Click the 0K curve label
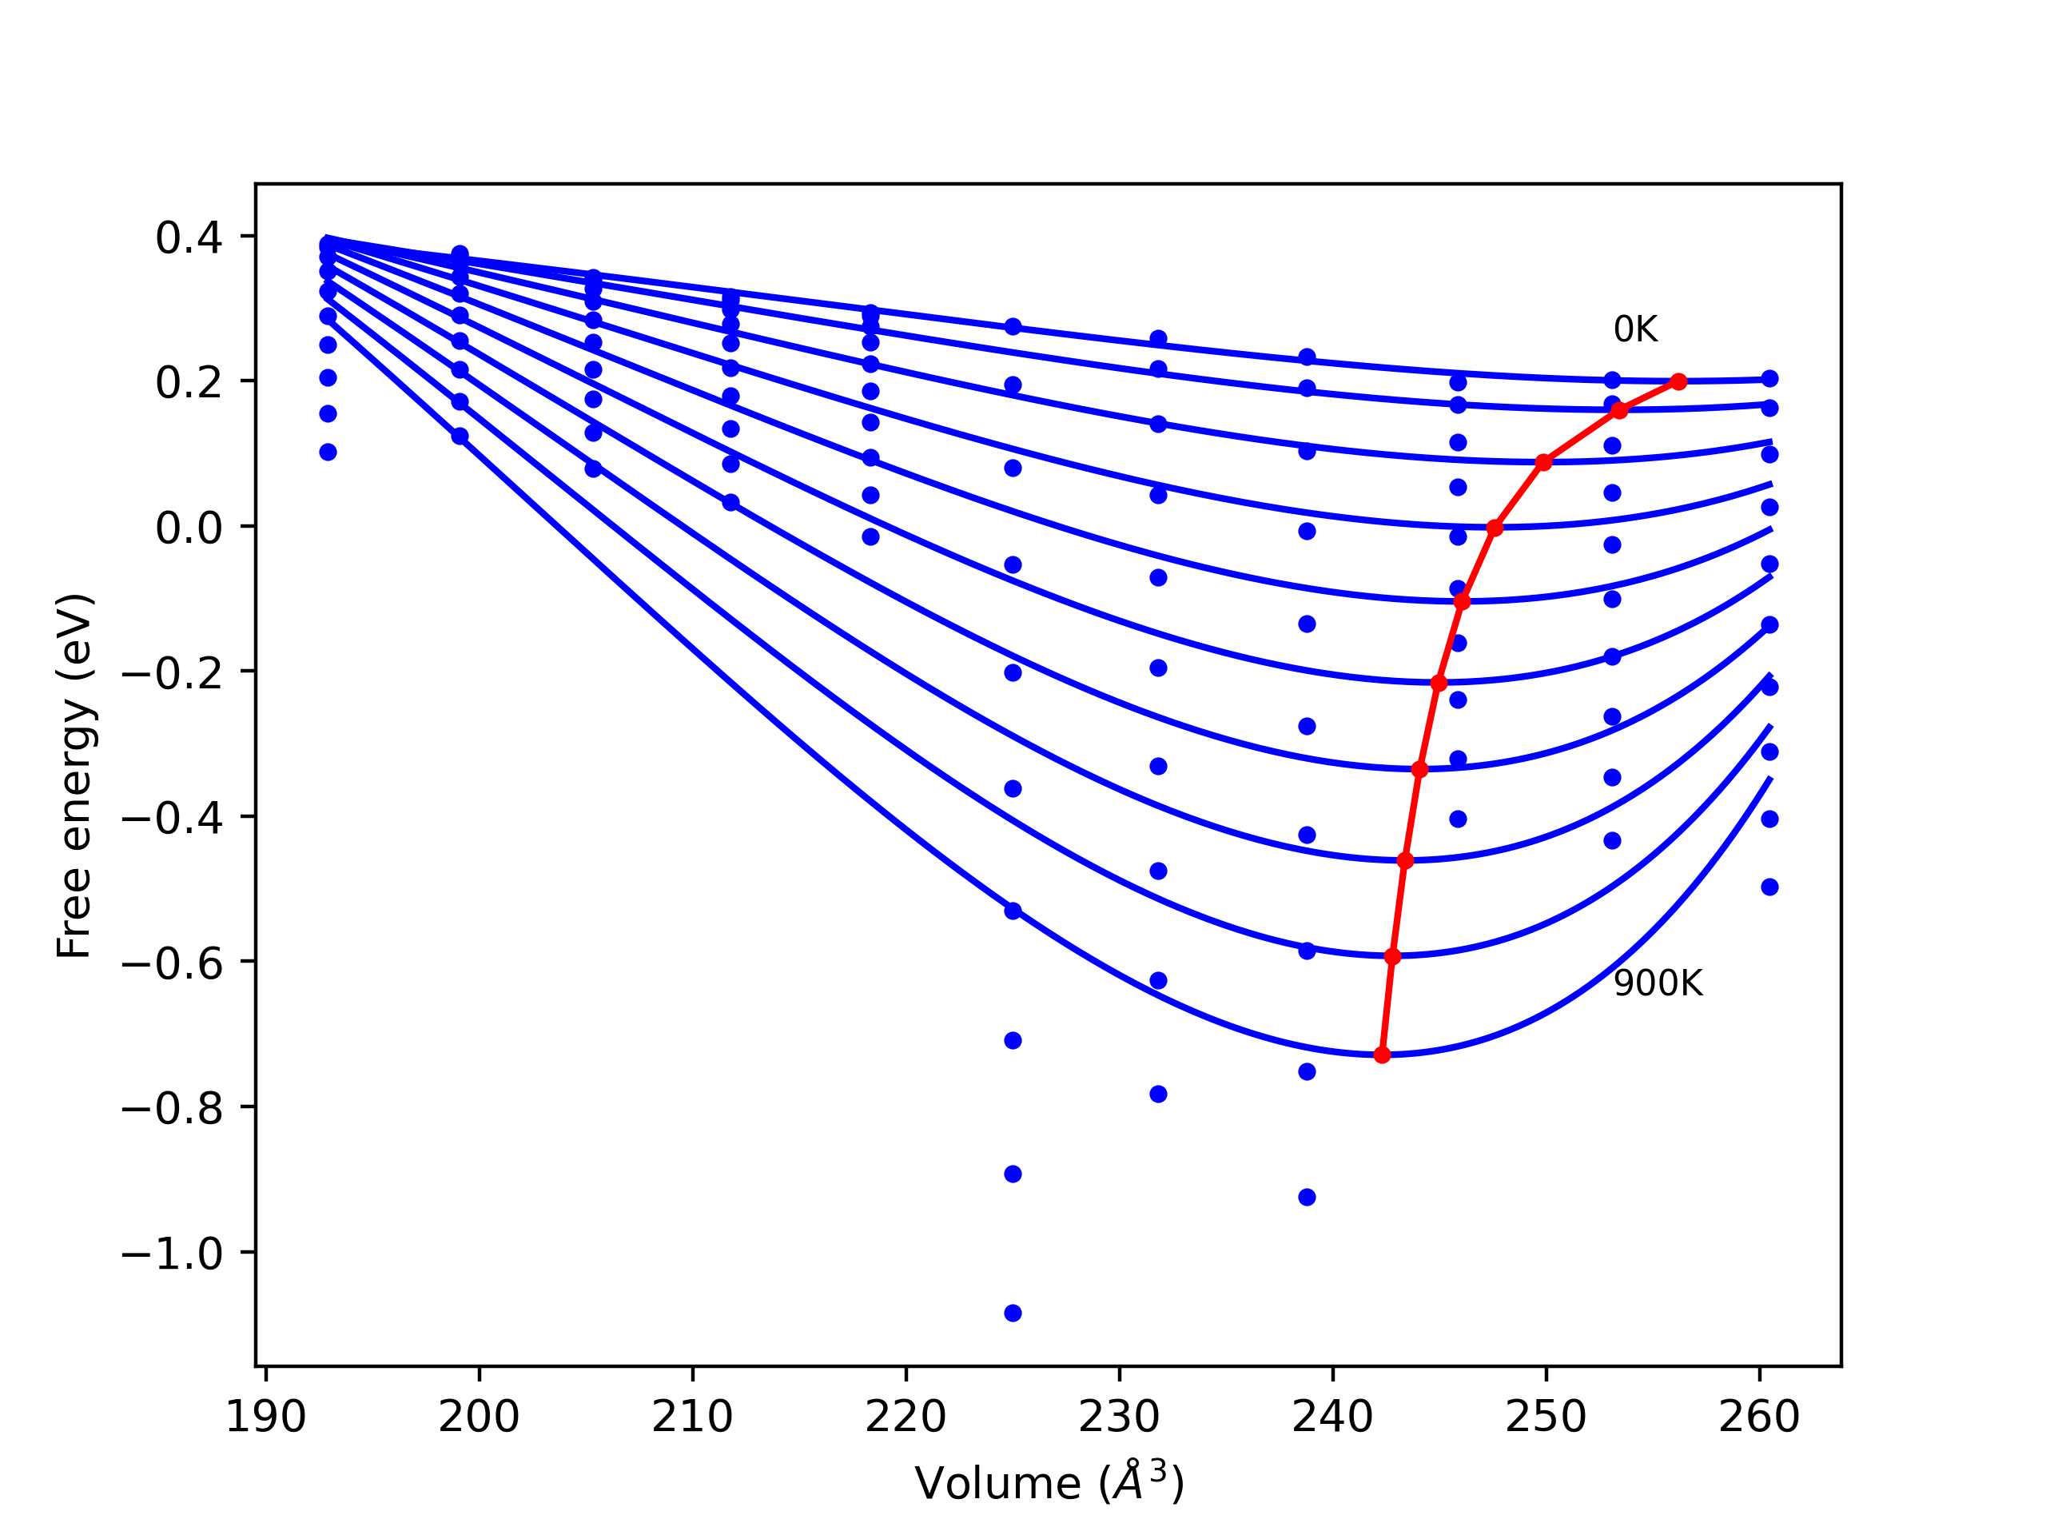pyautogui.click(x=1635, y=330)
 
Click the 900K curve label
pyautogui.click(x=1658, y=983)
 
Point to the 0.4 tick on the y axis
pyautogui.click(x=189, y=239)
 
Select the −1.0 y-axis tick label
pyautogui.click(x=172, y=1254)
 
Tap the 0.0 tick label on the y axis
pyautogui.click(x=189, y=528)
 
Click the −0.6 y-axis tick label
pyautogui.click(x=172, y=964)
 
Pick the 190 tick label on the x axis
pyautogui.click(x=265, y=1417)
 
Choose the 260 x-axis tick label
pyautogui.click(x=1759, y=1417)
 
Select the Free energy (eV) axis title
pyautogui.click(x=74, y=775)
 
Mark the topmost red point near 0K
pyautogui.click(x=1679, y=382)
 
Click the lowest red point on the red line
pyautogui.click(x=1382, y=1055)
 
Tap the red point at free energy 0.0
pyautogui.click(x=1495, y=528)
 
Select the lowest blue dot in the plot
pyautogui.click(x=1013, y=1313)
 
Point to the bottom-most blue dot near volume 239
pyautogui.click(x=1307, y=1198)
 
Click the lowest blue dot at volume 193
pyautogui.click(x=328, y=453)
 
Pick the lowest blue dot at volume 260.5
pyautogui.click(x=1769, y=887)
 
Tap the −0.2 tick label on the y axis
pyautogui.click(x=172, y=675)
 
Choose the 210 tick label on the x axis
pyautogui.click(x=692, y=1417)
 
